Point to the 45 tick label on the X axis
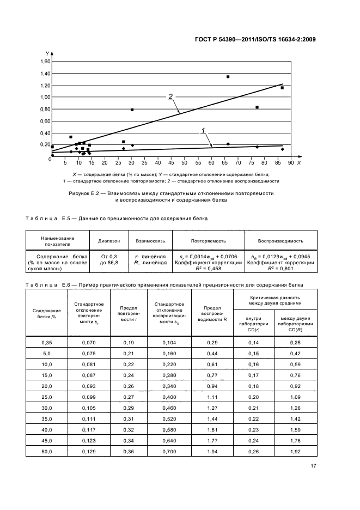tap(171, 163)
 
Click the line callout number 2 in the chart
tap(170, 96)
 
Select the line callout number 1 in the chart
tap(203, 130)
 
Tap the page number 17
tap(313, 466)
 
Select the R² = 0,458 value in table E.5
tap(208, 268)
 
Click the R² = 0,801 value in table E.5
tap(281, 268)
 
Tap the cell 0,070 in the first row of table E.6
tap(88, 342)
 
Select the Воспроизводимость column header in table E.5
tap(281, 240)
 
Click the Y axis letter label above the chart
tap(47, 53)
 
